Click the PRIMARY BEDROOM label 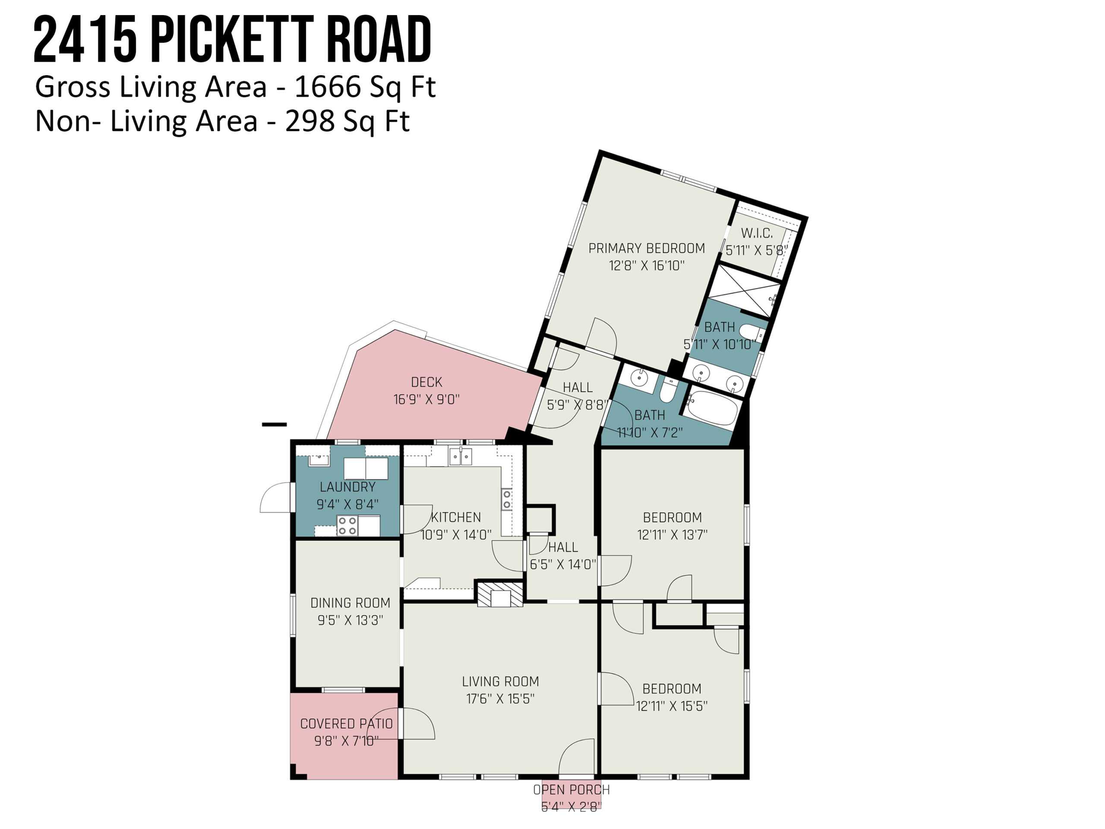tap(647, 248)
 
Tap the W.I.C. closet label tap(757, 233)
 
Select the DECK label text tap(426, 382)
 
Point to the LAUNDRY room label tap(347, 487)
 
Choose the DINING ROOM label tap(350, 603)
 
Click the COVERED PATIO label tap(346, 724)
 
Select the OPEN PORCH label tap(571, 790)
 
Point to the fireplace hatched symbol tap(500, 594)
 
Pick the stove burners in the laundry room tap(347, 525)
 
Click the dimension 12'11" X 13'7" tap(672, 535)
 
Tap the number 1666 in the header tap(328, 86)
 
